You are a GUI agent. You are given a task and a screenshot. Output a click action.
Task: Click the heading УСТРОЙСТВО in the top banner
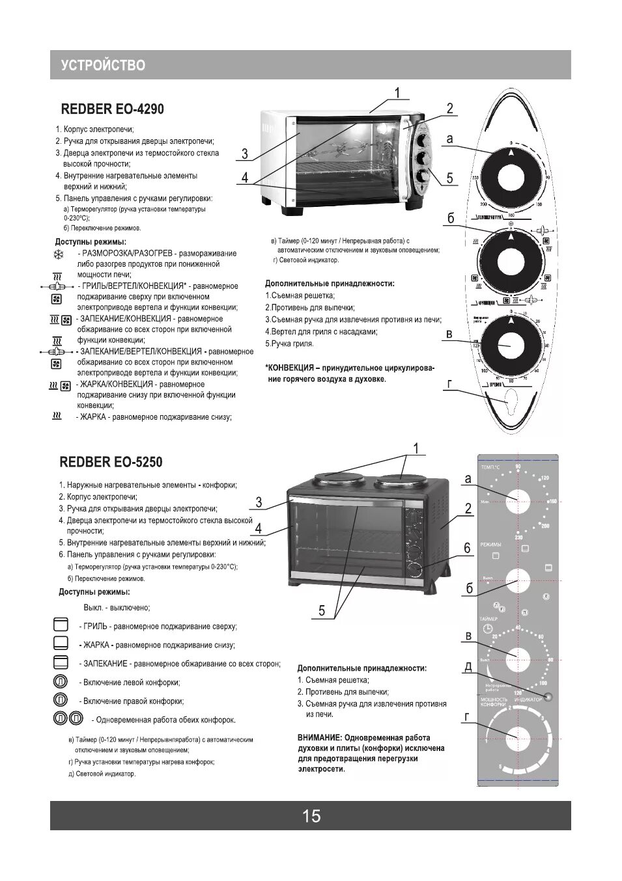coord(103,65)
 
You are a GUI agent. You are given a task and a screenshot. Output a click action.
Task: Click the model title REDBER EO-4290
coord(112,109)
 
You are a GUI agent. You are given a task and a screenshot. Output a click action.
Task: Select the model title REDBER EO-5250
coord(111,462)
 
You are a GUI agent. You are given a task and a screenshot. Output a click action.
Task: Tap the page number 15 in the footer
coord(311,816)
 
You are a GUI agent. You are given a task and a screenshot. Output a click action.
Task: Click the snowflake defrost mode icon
coord(58,254)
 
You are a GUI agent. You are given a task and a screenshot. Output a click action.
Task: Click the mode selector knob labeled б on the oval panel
coord(511,261)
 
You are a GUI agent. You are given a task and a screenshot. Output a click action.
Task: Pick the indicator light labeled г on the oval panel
coord(509,403)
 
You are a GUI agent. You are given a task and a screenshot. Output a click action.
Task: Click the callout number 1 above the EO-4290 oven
coord(397,92)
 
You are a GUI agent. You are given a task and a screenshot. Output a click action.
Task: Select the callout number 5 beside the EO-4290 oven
coord(449,178)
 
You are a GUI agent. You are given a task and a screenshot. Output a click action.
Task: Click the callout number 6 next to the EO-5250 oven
coord(467,548)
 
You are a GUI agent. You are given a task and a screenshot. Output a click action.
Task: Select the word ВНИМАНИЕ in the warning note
coord(318,737)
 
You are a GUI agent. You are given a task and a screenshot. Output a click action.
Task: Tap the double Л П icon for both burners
coord(68,719)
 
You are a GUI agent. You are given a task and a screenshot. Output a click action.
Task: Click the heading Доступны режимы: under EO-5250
coord(94,592)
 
